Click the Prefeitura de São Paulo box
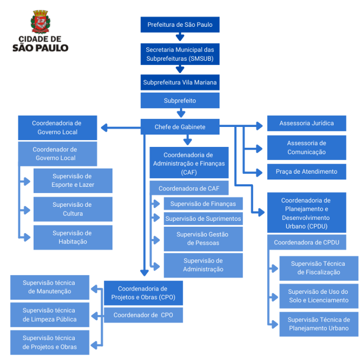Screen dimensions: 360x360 click(x=180, y=24)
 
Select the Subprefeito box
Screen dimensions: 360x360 click(x=180, y=101)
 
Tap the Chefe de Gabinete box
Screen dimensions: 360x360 click(x=180, y=127)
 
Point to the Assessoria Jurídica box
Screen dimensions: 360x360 click(x=306, y=123)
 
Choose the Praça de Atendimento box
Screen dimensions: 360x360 click(x=306, y=172)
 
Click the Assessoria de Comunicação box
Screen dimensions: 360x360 click(x=306, y=148)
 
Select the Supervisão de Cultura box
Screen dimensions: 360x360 click(x=73, y=209)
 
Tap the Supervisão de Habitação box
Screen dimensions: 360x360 click(x=73, y=237)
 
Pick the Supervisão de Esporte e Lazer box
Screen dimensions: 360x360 click(x=73, y=180)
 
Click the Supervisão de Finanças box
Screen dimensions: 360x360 click(x=203, y=204)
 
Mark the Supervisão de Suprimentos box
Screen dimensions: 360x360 click(x=203, y=219)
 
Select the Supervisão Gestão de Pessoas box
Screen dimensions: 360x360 click(x=203, y=238)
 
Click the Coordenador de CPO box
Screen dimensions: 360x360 click(x=143, y=315)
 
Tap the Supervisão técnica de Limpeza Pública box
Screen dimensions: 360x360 click(x=50, y=315)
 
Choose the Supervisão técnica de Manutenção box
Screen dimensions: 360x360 click(x=50, y=287)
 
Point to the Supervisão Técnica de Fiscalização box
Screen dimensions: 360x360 click(x=318, y=268)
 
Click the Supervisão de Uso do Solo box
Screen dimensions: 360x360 click(x=318, y=296)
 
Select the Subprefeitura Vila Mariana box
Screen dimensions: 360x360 click(x=180, y=83)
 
